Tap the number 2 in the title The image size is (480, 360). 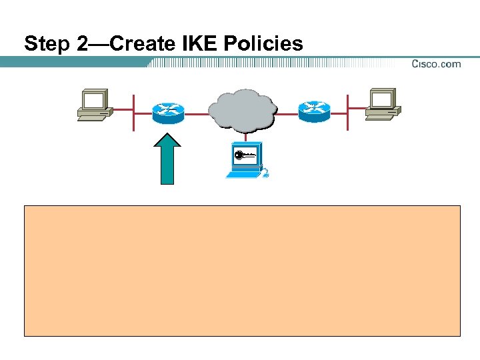[75, 44]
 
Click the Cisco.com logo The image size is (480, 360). [436, 64]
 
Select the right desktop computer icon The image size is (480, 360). [383, 105]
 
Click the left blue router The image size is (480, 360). [169, 112]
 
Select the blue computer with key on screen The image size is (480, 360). [246, 160]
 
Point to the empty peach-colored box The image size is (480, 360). [242, 270]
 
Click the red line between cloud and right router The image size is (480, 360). [287, 113]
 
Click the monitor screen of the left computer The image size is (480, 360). [93, 100]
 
